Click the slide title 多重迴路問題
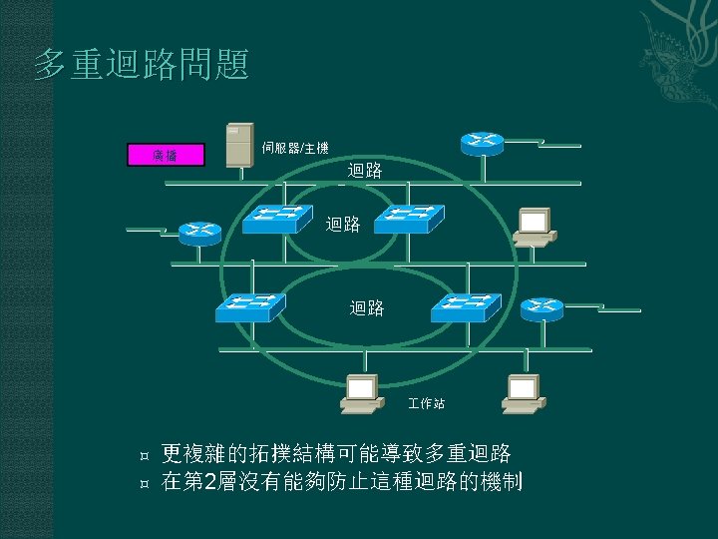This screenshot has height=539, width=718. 141,66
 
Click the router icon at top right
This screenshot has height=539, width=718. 482,143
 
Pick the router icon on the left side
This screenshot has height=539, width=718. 199,232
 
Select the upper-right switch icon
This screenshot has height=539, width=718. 409,218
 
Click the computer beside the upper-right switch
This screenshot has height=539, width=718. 534,227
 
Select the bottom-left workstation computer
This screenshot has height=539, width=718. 361,393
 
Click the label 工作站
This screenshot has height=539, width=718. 427,404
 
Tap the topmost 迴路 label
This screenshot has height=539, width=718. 365,171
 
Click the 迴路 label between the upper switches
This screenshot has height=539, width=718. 343,224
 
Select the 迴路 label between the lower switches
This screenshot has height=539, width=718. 366,308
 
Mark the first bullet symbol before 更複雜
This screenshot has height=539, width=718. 146,455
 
